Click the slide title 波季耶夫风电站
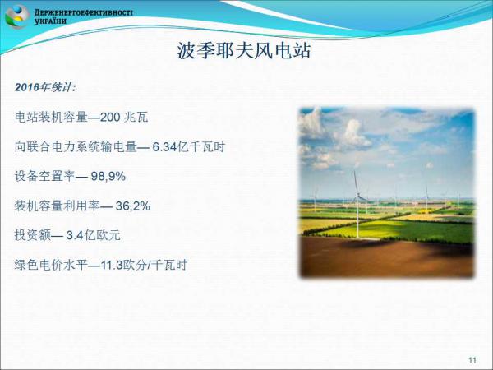point(244,50)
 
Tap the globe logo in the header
point(16,16)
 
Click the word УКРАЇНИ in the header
point(50,21)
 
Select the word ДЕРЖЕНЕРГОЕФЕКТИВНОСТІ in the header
point(83,13)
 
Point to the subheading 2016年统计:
point(45,87)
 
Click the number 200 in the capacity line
point(110,117)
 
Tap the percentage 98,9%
point(108,176)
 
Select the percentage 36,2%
point(133,206)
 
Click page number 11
point(472,360)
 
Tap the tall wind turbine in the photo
point(357,205)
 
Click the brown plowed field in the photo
point(386,257)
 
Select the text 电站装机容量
point(51,117)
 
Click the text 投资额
point(33,235)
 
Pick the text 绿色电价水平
point(51,266)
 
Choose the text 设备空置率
point(44,176)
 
